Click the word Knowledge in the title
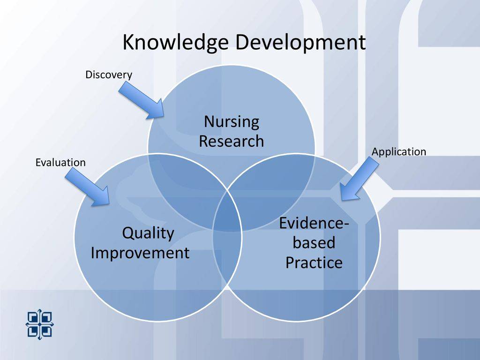click(176, 43)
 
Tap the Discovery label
click(109, 75)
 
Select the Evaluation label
click(60, 162)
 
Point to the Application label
click(399, 152)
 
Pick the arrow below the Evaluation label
click(88, 187)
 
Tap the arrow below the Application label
click(360, 180)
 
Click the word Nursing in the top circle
click(232, 122)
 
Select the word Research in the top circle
click(232, 141)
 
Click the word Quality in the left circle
click(148, 233)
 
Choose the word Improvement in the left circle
click(140, 253)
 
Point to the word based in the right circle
click(314, 242)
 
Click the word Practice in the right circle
click(314, 262)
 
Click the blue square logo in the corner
click(39, 324)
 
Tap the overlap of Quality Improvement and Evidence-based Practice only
click(227, 260)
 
